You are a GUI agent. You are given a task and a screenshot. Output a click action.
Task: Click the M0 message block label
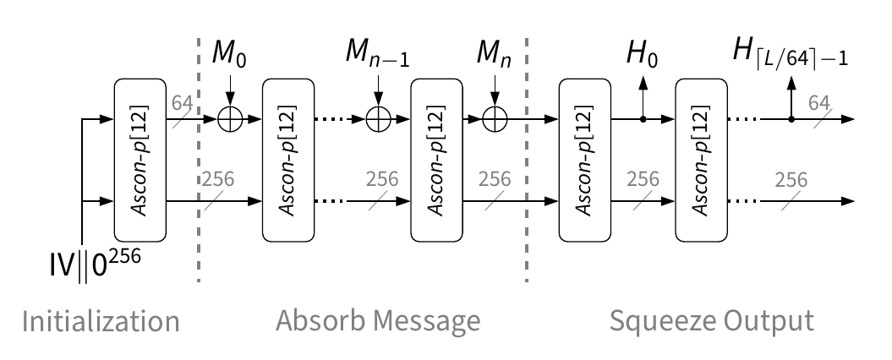(230, 58)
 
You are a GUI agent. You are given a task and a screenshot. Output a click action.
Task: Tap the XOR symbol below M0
(230, 120)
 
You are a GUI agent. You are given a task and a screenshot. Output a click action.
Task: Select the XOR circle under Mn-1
(379, 120)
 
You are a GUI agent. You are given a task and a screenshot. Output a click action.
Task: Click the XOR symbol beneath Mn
(495, 120)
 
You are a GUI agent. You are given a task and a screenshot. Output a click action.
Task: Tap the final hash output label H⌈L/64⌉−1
(791, 57)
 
